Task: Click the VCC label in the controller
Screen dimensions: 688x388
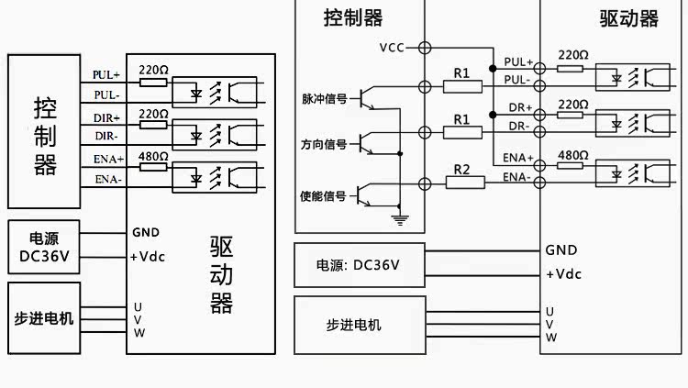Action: click(x=392, y=48)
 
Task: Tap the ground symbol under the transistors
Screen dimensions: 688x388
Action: click(x=400, y=220)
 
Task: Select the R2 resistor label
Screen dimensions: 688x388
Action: click(x=461, y=170)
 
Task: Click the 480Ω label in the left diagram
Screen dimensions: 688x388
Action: click(x=153, y=157)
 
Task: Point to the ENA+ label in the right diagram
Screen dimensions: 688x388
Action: click(x=517, y=158)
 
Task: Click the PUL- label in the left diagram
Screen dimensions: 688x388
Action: click(x=106, y=94)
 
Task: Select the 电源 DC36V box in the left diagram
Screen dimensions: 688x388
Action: click(x=44, y=247)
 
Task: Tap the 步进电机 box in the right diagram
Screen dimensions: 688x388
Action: click(x=360, y=326)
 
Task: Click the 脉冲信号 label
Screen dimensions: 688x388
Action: click(x=324, y=99)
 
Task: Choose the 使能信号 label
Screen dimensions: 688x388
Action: click(x=323, y=195)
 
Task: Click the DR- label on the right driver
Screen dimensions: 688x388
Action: click(x=519, y=127)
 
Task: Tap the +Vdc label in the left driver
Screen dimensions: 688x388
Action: click(x=148, y=257)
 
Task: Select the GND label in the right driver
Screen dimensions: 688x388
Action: click(x=561, y=250)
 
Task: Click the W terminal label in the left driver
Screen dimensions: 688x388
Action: click(x=139, y=333)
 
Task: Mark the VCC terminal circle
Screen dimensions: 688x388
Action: click(x=425, y=48)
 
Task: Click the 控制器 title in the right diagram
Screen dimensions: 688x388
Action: click(x=353, y=18)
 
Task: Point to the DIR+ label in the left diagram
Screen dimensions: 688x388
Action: click(x=106, y=118)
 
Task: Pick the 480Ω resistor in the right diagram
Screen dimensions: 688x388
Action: click(x=570, y=165)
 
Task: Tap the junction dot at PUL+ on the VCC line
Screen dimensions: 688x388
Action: click(x=493, y=69)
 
